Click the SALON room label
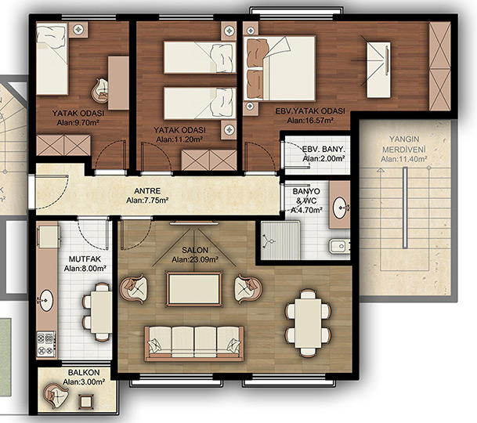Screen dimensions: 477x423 (195, 251)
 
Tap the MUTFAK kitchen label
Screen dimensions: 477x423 (85, 259)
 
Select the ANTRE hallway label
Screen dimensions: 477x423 (147, 191)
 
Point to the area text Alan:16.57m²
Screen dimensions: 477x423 (310, 121)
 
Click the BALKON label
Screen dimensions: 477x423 (84, 373)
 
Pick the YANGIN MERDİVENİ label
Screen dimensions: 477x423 (404, 144)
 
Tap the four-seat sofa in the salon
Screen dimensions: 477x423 (194, 344)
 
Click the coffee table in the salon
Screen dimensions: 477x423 (194, 289)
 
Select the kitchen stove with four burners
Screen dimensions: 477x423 (46, 344)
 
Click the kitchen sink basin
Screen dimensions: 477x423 (46, 300)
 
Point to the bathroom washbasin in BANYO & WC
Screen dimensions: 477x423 (339, 208)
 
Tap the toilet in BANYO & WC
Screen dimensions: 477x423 (338, 246)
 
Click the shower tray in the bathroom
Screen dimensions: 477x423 (280, 240)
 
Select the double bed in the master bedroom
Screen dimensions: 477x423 (280, 68)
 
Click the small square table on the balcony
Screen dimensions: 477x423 (86, 402)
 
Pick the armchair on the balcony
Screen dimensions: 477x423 (56, 396)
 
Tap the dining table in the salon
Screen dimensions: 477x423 (308, 323)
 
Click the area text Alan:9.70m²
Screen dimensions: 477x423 (78, 123)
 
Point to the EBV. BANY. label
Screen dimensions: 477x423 (323, 150)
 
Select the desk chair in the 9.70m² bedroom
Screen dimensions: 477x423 (100, 90)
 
